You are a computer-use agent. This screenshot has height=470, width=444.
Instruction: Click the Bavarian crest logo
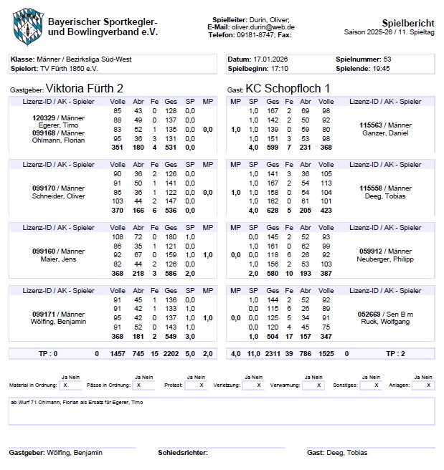click(27, 24)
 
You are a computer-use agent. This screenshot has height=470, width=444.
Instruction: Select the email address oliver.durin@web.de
click(263, 27)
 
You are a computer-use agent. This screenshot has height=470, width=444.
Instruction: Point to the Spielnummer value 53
click(388, 59)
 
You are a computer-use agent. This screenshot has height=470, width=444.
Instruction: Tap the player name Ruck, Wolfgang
click(385, 322)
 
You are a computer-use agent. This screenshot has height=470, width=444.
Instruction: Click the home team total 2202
click(171, 354)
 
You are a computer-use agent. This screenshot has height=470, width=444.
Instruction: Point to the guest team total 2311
click(273, 354)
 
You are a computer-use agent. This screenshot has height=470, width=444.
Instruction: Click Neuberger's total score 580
click(273, 274)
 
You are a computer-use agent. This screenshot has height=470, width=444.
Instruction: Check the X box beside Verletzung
click(252, 385)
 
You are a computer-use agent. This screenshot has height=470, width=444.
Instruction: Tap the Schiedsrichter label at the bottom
click(182, 453)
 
